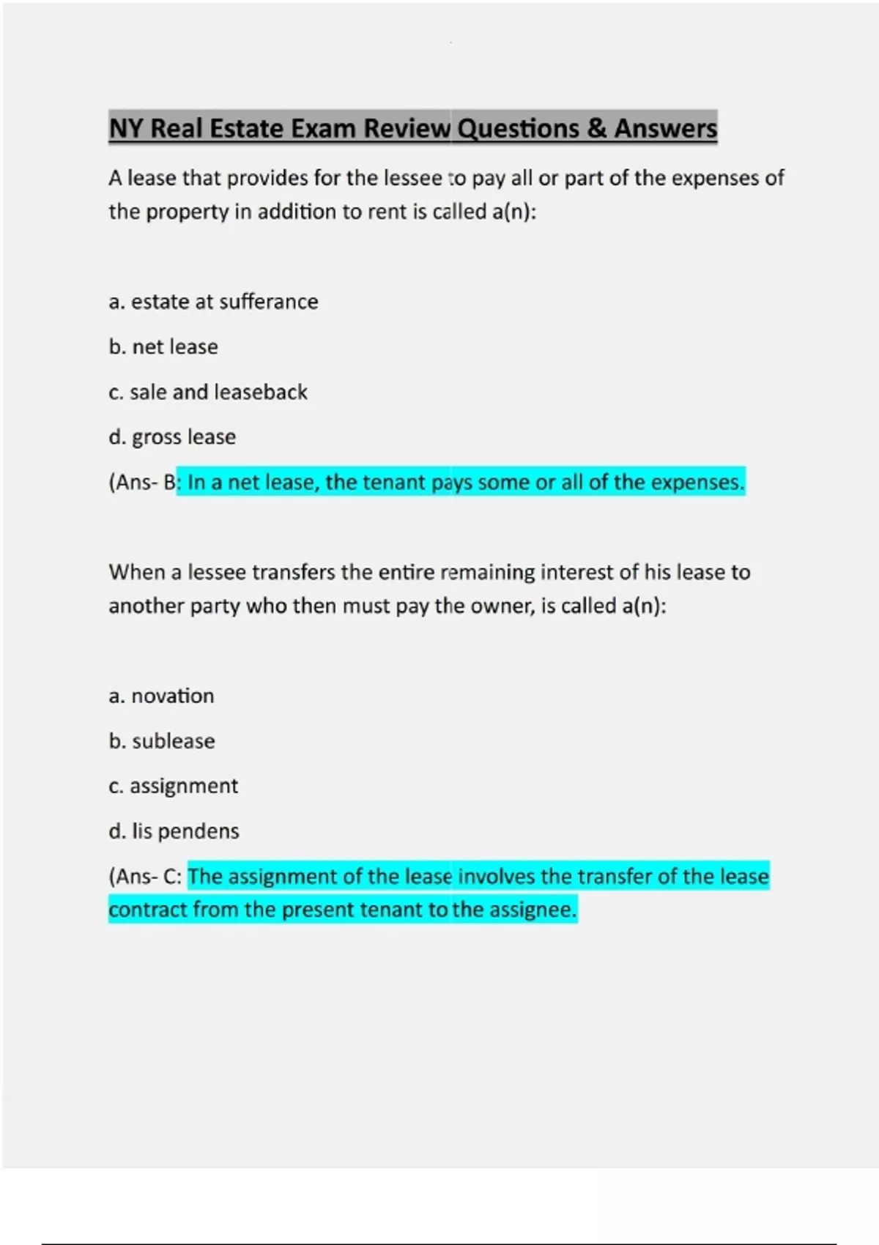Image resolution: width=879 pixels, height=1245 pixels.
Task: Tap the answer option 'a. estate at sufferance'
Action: coord(213,302)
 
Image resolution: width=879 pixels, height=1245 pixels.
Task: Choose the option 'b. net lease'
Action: coord(163,346)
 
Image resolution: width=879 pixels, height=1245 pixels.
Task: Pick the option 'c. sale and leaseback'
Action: coord(208,392)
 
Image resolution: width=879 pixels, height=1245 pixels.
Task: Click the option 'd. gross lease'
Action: coord(172,437)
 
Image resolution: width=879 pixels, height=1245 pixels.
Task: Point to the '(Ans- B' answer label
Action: coord(143,483)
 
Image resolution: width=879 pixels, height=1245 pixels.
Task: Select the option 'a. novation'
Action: coord(161,696)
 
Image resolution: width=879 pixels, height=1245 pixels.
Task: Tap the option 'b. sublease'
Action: coord(162,741)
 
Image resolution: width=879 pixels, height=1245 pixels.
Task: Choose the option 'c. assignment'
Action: coord(173,786)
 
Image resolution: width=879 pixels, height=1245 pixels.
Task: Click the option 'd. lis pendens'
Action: coord(174,831)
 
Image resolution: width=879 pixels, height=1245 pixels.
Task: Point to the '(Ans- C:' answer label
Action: coord(145,877)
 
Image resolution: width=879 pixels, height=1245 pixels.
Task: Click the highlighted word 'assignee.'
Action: coord(533,910)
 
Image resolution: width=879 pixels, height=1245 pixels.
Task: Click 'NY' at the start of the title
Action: coord(126,129)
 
